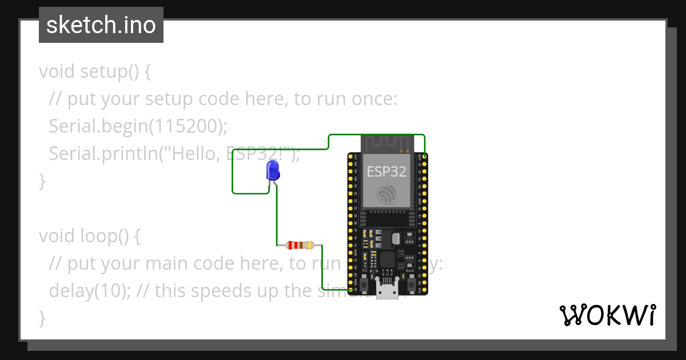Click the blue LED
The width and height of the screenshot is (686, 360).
tap(273, 171)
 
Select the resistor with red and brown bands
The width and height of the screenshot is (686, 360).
tap(300, 245)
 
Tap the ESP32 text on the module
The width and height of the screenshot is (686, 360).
tap(386, 171)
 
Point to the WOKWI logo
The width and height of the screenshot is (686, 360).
tap(607, 315)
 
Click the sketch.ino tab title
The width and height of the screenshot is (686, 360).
tap(101, 25)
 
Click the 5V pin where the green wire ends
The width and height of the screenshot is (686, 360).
tap(350, 290)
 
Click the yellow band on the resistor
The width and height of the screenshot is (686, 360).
tap(309, 245)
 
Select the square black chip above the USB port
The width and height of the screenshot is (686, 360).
tap(388, 260)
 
